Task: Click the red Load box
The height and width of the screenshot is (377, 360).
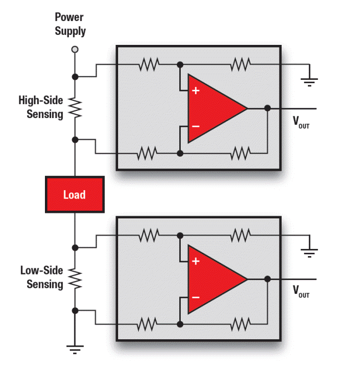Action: [74, 195]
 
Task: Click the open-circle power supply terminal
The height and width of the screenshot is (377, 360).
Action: [75, 49]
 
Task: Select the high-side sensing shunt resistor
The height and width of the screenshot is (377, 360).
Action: [75, 108]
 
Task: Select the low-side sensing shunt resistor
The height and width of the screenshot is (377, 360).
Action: [75, 278]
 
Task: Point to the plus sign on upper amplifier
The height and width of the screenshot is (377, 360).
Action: [195, 90]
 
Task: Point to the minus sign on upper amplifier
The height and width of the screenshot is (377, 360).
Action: [195, 126]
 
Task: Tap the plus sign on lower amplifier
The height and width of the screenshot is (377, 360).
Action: [195, 261]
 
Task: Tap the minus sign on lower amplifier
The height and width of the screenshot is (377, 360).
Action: [195, 297]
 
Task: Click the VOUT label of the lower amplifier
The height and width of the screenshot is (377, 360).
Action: [301, 292]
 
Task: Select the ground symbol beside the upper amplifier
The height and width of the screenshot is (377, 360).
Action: [309, 82]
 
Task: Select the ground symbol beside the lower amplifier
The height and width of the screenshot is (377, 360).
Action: [309, 253]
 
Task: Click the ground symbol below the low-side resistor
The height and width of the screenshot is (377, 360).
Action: [75, 349]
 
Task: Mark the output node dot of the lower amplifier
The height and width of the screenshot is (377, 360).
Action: [267, 279]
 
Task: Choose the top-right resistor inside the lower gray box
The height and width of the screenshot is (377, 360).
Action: [241, 236]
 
